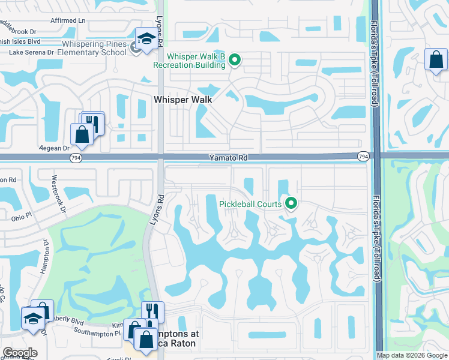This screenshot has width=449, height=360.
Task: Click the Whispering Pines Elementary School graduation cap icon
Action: tap(145, 39)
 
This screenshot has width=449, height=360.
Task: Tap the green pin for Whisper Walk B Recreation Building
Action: tap(235, 59)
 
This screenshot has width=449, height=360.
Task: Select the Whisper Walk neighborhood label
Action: tap(184, 100)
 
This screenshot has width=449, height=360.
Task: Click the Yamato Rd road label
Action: tap(229, 157)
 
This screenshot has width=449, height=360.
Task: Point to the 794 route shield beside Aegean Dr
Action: tap(76, 157)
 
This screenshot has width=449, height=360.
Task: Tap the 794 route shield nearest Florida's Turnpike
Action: tap(363, 157)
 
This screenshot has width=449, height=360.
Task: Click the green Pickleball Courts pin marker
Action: tap(291, 204)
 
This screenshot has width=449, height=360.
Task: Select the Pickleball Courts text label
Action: tap(250, 204)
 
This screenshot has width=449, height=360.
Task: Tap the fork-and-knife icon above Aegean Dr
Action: tap(92, 122)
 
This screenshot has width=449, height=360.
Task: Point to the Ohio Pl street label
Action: tap(22, 217)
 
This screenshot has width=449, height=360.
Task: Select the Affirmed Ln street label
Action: tap(68, 20)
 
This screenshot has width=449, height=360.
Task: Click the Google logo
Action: tap(20, 353)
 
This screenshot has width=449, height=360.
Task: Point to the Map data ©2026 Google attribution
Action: tap(411, 355)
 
